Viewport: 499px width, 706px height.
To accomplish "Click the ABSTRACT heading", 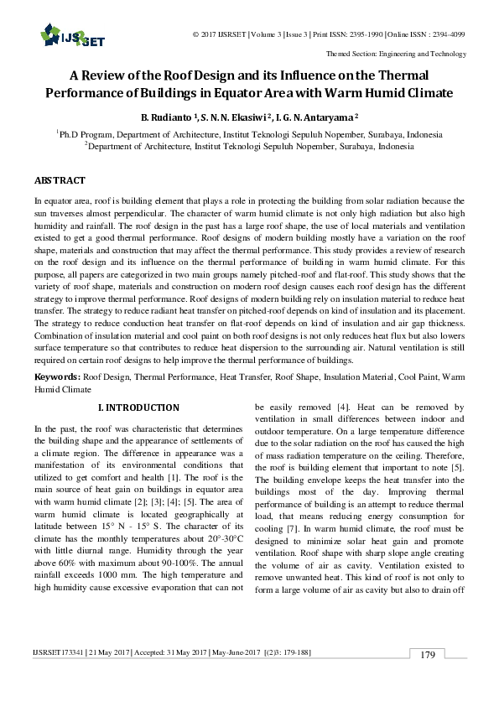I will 60,180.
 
